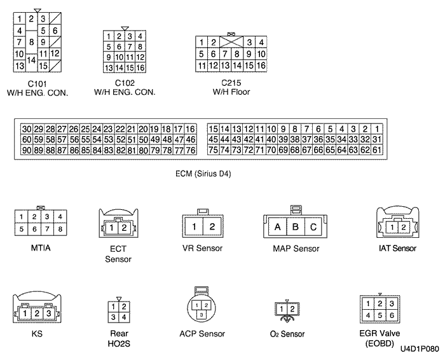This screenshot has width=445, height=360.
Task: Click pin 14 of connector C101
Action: click(x=32, y=59)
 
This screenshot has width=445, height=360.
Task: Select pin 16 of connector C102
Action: click(x=140, y=67)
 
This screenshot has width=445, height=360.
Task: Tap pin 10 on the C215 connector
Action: click(x=260, y=54)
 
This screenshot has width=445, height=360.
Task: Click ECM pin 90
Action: click(x=26, y=150)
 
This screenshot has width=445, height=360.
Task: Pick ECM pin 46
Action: click(x=190, y=139)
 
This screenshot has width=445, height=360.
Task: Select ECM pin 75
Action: click(x=214, y=150)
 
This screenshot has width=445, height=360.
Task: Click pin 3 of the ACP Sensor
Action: click(x=201, y=314)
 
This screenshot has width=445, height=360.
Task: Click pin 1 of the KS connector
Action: click(x=22, y=313)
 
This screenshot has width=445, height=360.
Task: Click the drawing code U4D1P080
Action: click(x=420, y=349)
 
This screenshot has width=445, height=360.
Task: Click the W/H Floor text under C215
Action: click(x=231, y=92)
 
